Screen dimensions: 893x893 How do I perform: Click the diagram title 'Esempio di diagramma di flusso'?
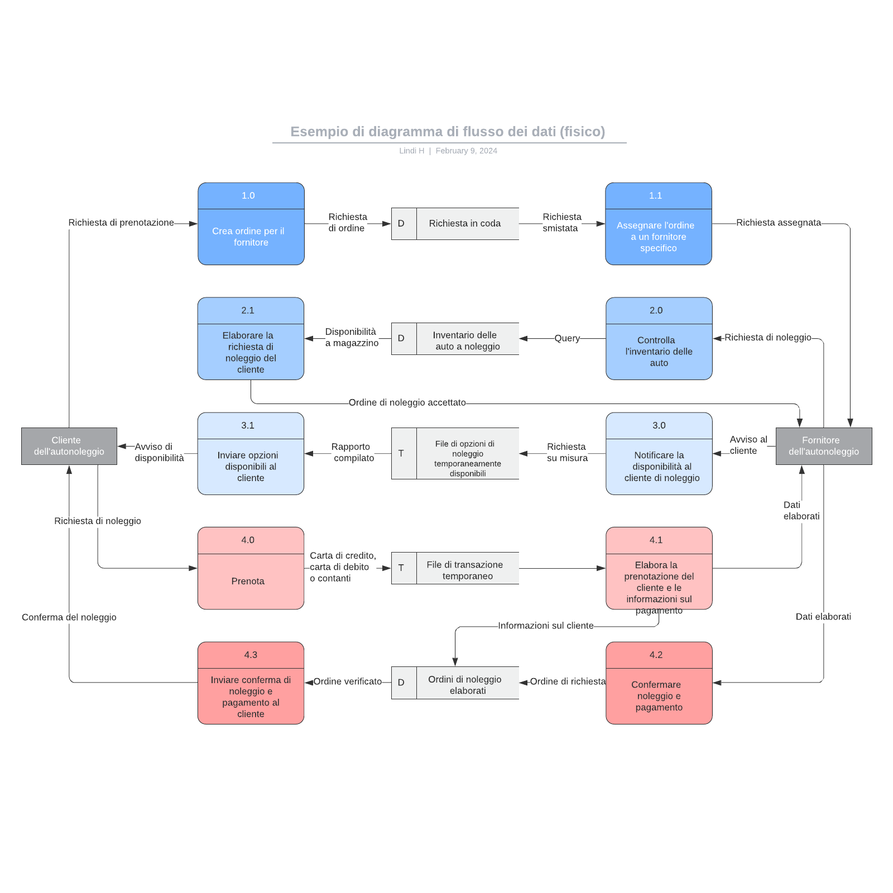point(448,132)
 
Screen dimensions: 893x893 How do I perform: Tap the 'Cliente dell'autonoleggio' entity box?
point(69,446)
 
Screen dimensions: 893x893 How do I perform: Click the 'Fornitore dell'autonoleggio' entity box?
point(823,446)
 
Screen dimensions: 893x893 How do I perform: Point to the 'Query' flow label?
point(566,338)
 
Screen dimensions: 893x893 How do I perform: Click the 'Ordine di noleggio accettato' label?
point(407,402)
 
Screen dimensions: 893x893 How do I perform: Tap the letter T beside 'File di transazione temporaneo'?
point(401,568)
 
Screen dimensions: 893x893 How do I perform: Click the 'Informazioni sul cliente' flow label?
point(545,626)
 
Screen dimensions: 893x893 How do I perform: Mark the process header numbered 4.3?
point(251,655)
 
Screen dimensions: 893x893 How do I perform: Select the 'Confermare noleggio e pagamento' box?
point(659,695)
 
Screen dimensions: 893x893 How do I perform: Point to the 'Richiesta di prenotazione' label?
point(121,223)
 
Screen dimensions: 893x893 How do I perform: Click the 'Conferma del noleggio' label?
point(69,617)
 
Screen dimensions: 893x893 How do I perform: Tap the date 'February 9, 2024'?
point(466,151)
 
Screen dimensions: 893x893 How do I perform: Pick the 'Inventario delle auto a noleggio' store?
point(467,340)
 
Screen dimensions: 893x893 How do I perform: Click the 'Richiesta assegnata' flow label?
point(778,223)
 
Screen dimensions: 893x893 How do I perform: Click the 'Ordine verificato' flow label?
point(347,681)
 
